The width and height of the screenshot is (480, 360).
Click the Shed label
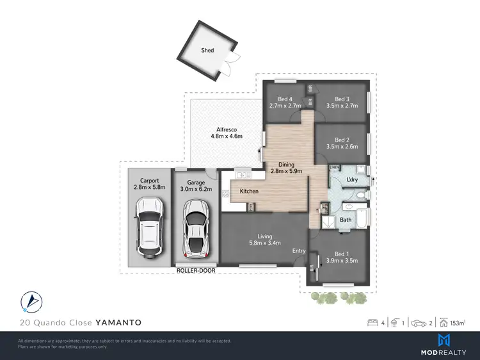207,50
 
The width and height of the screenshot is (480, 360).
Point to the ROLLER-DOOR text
196,271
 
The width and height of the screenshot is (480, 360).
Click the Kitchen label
249,192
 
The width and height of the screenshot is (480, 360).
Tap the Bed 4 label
281,99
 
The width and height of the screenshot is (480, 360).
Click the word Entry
299,250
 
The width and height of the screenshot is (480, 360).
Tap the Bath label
346,220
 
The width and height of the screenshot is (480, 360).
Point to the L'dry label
351,181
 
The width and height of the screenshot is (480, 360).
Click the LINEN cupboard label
334,167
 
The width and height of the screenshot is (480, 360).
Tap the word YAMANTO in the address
118,322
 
